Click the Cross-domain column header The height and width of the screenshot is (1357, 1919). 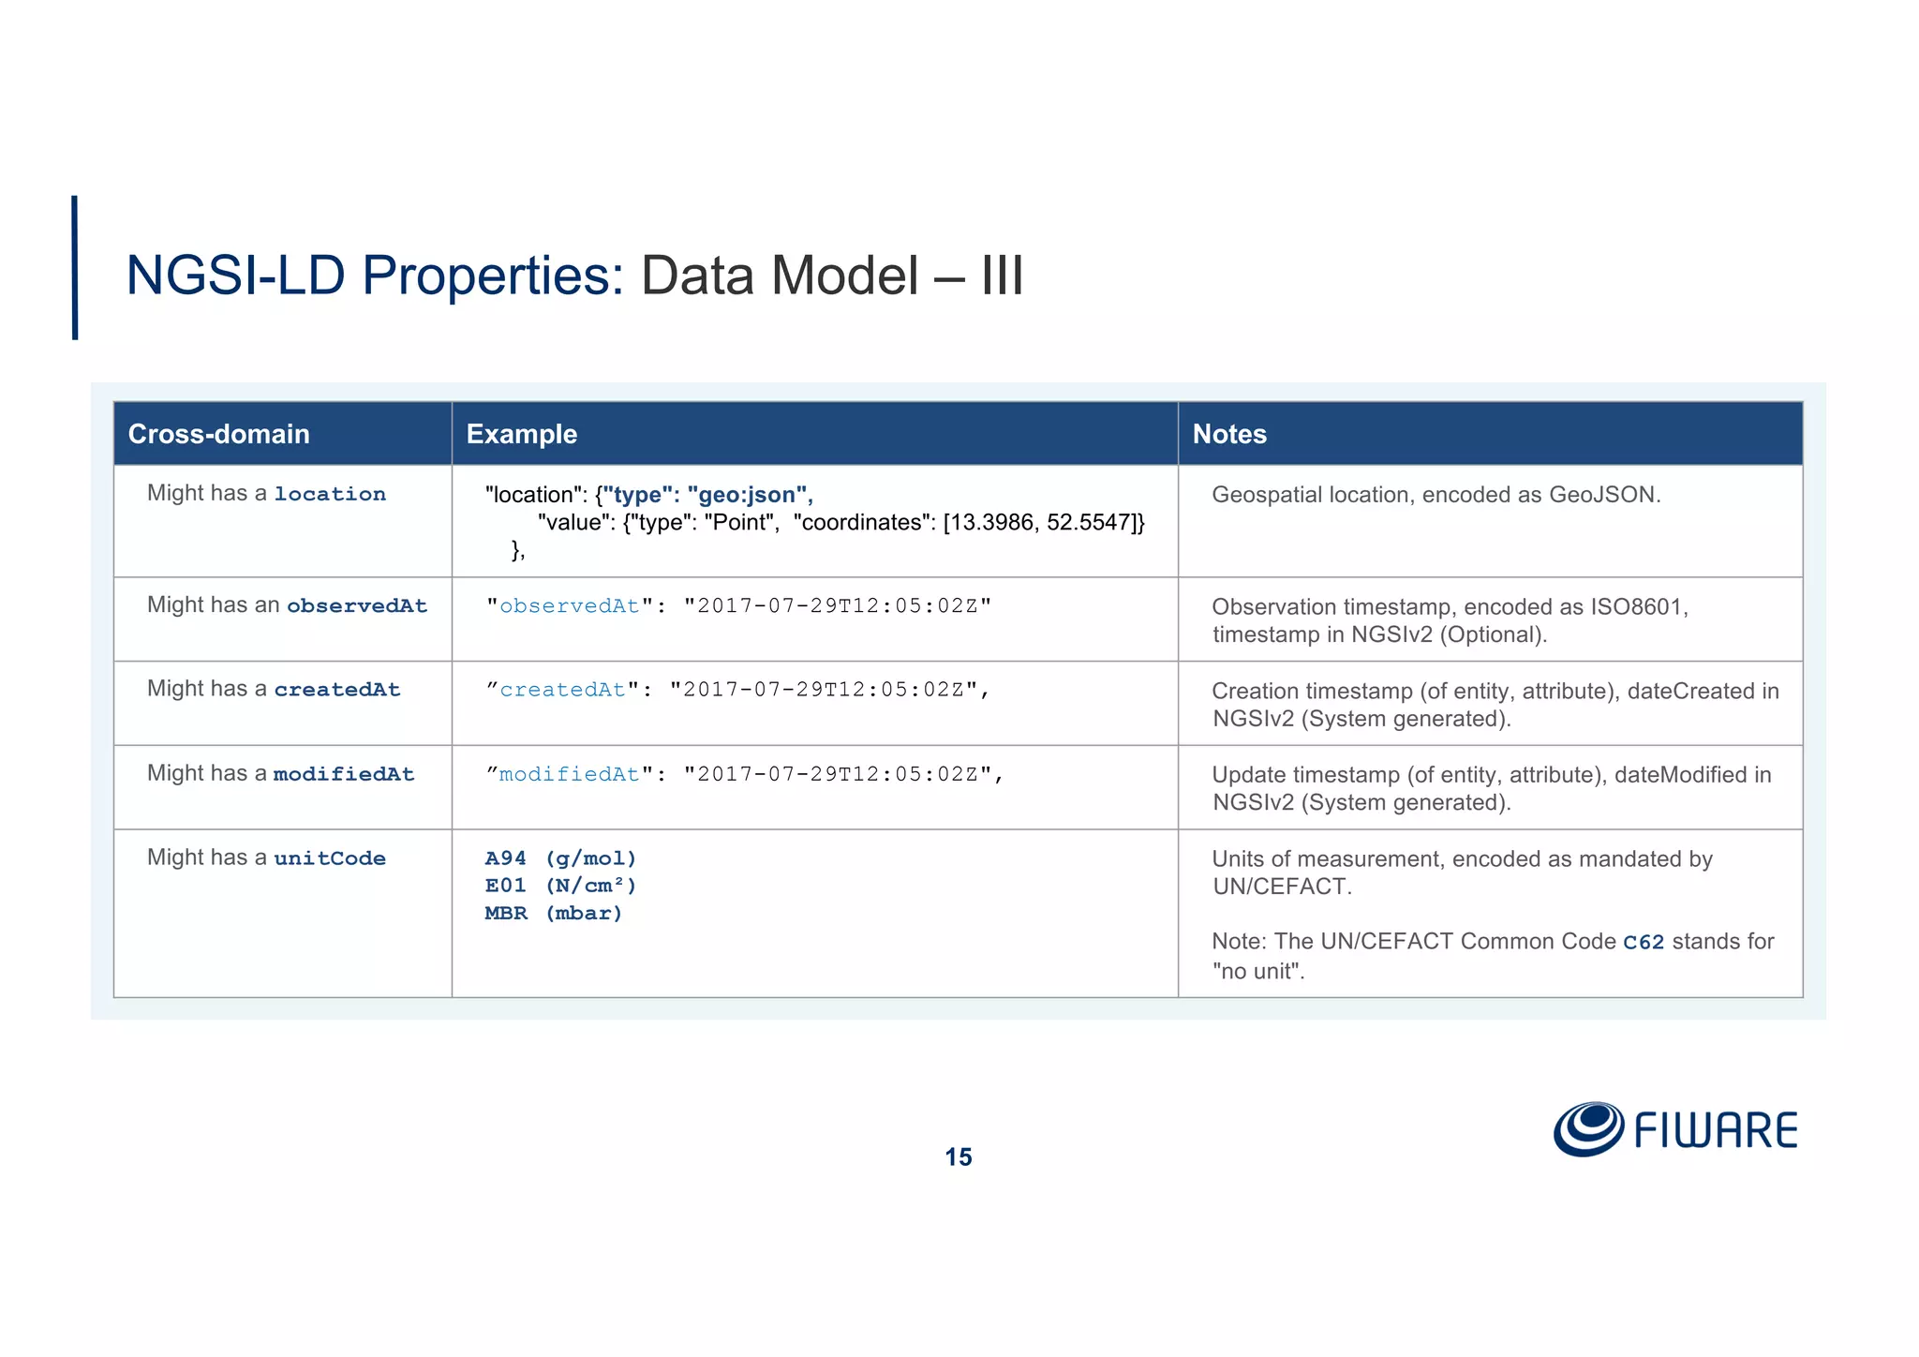click(x=218, y=434)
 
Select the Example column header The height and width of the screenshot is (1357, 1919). click(x=521, y=434)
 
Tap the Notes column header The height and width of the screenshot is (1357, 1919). click(x=1228, y=434)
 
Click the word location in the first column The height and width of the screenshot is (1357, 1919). click(x=330, y=494)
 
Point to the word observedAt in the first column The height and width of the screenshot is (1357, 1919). click(x=357, y=605)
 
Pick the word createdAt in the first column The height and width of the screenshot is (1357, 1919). click(x=337, y=690)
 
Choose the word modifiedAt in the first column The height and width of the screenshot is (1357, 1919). click(x=344, y=774)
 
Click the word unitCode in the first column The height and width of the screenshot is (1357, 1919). click(x=330, y=858)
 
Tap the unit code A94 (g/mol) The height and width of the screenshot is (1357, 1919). click(x=560, y=858)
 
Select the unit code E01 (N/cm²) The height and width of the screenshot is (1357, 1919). click(x=560, y=886)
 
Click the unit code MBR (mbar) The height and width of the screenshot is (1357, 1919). click(x=553, y=914)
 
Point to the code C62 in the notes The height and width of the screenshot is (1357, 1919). click(x=1644, y=943)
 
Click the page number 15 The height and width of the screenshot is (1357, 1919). click(x=959, y=1157)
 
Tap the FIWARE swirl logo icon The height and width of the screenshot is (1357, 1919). click(x=1588, y=1129)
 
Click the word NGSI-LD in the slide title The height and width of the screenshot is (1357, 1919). click(x=235, y=276)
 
